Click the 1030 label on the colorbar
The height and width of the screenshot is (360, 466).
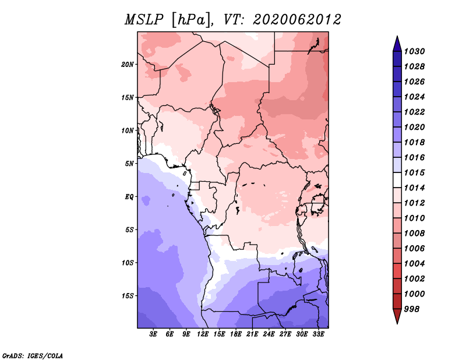(414, 51)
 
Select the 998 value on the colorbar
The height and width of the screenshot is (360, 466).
(412, 309)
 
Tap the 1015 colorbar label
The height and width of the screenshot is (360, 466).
(414, 172)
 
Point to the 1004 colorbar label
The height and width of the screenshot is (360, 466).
(414, 264)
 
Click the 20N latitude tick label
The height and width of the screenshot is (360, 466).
(128, 65)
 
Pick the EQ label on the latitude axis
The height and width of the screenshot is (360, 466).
(129, 197)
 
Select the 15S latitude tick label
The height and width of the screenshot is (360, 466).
(128, 296)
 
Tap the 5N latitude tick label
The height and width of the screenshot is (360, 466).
(129, 164)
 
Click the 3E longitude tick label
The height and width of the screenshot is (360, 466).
(153, 334)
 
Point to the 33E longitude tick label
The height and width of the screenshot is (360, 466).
(318, 334)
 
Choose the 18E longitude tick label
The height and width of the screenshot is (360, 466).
(236, 334)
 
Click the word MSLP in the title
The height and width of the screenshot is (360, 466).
(144, 20)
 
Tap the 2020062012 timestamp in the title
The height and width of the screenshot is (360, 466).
(297, 20)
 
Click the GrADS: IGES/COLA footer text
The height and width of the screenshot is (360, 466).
(33, 356)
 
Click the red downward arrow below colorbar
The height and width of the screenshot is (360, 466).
(397, 316)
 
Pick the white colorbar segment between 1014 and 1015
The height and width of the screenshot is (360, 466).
(397, 180)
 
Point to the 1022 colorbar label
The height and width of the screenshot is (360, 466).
(414, 112)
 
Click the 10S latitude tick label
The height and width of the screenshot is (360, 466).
(128, 263)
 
